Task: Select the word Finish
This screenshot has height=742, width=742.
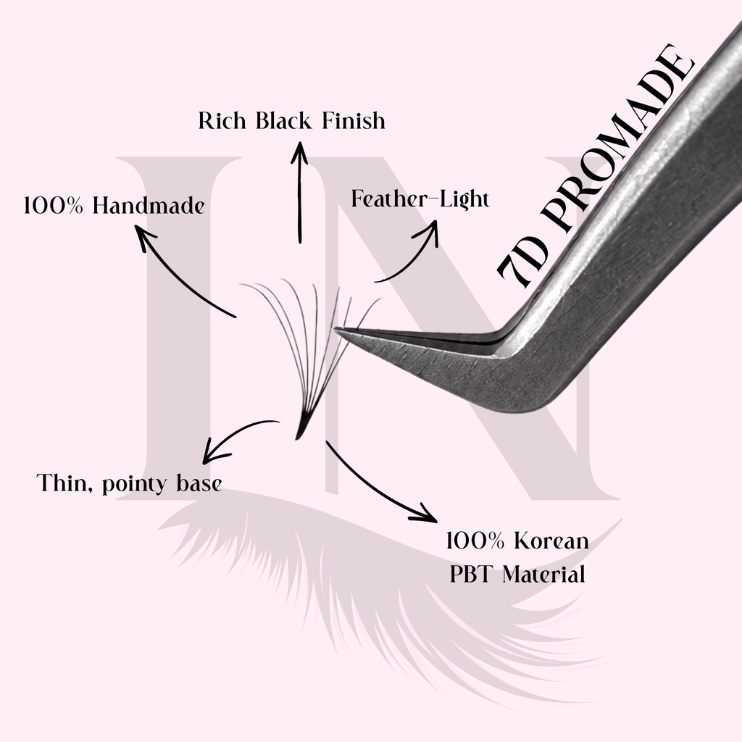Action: pos(354,121)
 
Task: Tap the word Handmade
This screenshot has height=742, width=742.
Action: pos(149,206)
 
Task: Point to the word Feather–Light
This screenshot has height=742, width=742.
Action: pos(420,199)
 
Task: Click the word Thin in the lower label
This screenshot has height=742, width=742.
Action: pos(64,483)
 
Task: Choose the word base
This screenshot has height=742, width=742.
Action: pos(199,483)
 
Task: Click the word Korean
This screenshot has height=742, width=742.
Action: pos(551,541)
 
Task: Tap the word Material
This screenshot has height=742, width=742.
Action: pos(543,575)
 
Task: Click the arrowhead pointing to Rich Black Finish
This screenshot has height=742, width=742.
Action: pos(299,151)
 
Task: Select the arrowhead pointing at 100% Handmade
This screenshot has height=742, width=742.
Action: pos(143,237)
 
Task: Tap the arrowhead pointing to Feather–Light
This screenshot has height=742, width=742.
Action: pos(429,231)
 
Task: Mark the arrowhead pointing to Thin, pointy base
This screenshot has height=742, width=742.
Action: pos(214,452)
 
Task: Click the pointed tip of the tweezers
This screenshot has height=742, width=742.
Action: pos(335,328)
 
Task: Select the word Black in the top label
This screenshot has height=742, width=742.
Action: pos(284,121)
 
